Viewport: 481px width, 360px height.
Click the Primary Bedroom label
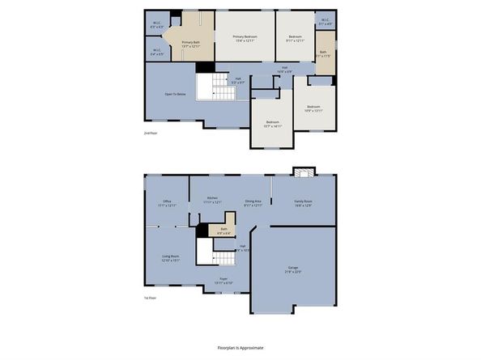click(245, 36)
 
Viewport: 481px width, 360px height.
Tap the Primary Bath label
click(190, 42)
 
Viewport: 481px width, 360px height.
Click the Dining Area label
click(253, 201)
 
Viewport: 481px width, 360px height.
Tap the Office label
click(167, 201)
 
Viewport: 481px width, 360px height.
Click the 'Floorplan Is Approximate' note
click(240, 348)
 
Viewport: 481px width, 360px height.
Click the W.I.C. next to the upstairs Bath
click(324, 23)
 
